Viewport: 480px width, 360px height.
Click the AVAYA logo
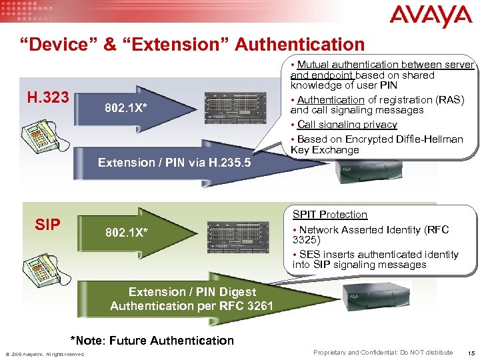[431, 16]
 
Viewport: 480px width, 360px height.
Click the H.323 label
[47, 98]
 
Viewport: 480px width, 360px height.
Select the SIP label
[47, 225]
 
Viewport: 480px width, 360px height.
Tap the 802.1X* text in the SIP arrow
[126, 233]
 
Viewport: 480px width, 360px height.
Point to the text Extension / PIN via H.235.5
[174, 162]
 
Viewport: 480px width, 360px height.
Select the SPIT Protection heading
[329, 215]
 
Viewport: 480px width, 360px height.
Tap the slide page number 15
[471, 352]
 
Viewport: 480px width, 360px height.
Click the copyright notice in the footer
[45, 354]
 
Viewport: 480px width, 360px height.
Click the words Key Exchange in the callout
[325, 150]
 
